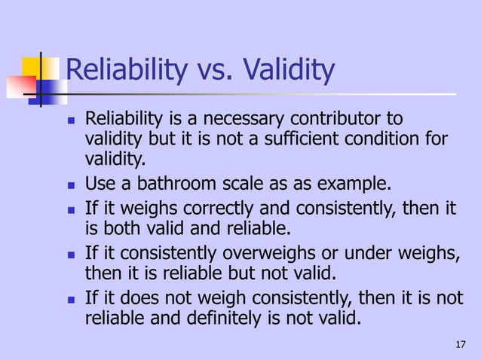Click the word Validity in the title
click(287, 72)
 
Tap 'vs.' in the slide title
click(213, 72)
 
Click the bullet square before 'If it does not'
click(69, 298)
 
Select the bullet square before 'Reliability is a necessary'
click(69, 121)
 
